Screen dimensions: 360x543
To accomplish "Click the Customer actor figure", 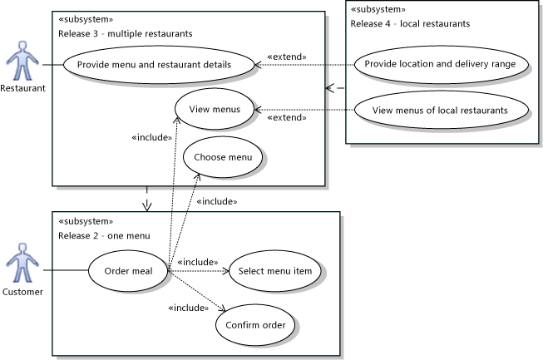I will pos(22,266).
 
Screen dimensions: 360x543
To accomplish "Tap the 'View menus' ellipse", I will pos(214,109).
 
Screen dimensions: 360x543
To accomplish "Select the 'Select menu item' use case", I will pos(274,269).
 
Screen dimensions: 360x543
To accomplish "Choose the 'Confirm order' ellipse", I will pos(254,323).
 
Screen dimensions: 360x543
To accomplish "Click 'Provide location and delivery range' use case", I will pos(441,64).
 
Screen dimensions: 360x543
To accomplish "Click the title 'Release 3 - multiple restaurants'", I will pos(126,34).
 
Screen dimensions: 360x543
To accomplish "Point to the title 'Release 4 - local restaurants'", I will pos(410,23).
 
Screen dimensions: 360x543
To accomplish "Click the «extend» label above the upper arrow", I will pos(286,57).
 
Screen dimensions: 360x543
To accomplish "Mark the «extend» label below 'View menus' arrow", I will pos(286,118).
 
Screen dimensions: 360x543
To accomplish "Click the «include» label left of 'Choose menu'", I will pos(151,138).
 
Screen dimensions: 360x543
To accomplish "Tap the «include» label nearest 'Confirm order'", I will pos(188,308).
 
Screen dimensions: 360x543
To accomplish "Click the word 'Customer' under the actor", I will pos(22,292).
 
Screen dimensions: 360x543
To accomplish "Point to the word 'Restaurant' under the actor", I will pos(22,87).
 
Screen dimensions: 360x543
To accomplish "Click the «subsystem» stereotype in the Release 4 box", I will pos(378,9).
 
